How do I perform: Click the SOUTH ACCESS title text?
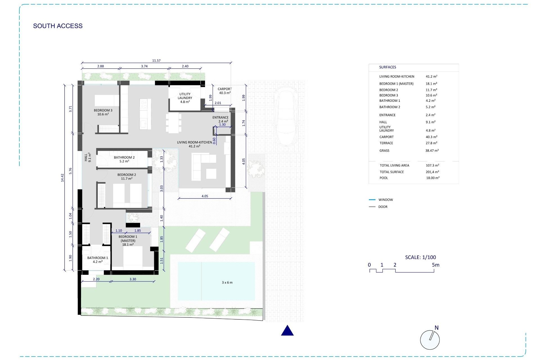click(x=58, y=26)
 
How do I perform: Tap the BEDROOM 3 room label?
click(x=103, y=112)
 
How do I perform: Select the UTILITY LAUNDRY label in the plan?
click(x=185, y=98)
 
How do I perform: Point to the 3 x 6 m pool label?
click(x=227, y=282)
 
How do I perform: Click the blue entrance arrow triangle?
click(x=287, y=331)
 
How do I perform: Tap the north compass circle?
click(x=429, y=340)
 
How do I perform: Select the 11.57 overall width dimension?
click(x=156, y=60)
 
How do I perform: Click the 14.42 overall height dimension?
click(x=62, y=177)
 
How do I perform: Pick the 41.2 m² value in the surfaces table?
click(x=431, y=76)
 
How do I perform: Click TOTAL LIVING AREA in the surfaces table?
click(x=394, y=165)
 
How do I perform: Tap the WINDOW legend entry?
click(x=385, y=200)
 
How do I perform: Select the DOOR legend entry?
click(x=382, y=207)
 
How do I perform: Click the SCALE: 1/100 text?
click(x=420, y=257)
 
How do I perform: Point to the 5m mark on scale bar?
click(x=435, y=265)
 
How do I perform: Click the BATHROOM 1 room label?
click(x=98, y=260)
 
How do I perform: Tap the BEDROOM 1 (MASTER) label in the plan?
click(x=128, y=240)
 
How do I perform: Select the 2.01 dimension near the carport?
click(x=218, y=103)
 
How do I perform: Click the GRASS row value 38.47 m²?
click(x=432, y=151)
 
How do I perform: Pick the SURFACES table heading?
click(x=387, y=67)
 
